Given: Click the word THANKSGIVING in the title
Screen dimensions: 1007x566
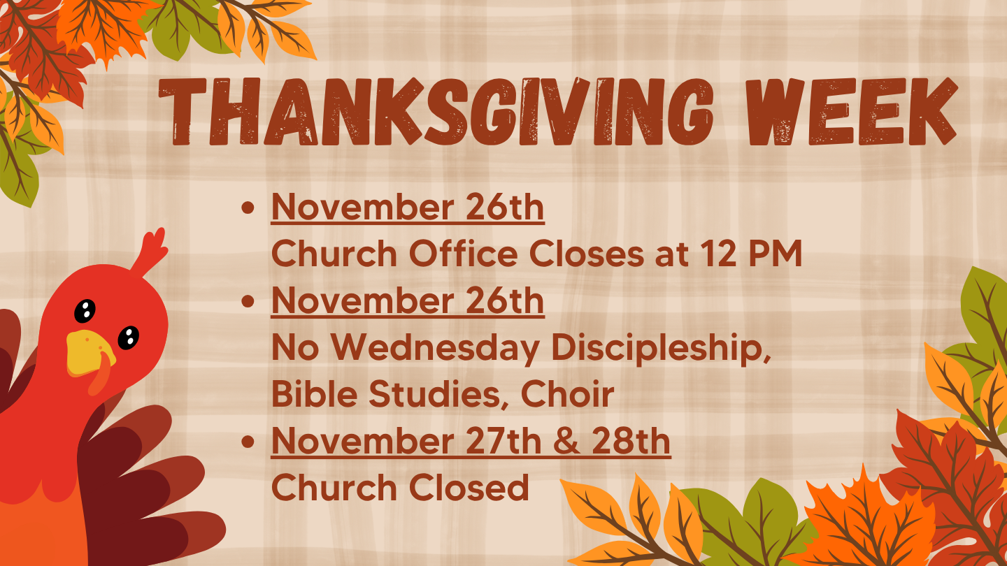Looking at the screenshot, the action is tap(436, 112).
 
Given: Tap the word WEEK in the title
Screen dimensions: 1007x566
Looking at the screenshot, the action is tap(853, 112).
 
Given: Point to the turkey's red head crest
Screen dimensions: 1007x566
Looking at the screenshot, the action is tap(150, 252).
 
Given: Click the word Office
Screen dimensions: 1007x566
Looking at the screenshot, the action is tap(463, 254).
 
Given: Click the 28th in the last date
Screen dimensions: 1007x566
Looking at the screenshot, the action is tap(631, 441).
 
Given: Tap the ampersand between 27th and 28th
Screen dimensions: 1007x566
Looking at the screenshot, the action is tap(567, 441).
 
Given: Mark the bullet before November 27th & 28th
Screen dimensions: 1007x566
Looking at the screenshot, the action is tap(248, 442).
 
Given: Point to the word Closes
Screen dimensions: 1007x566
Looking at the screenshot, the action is tap(587, 254).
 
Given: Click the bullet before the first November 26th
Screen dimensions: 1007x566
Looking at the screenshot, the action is tap(248, 208).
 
